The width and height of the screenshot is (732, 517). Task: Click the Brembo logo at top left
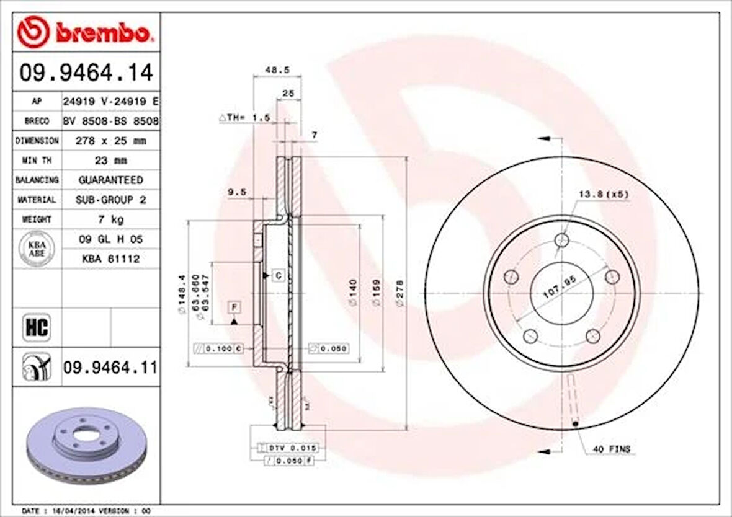pyautogui.click(x=84, y=33)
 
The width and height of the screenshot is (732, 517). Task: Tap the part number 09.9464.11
pyautogui.click(x=110, y=368)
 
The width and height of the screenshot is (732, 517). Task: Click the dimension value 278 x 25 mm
pyautogui.click(x=110, y=141)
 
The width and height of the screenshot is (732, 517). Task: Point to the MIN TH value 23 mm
pyautogui.click(x=110, y=161)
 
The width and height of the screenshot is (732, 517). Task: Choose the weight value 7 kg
pyautogui.click(x=110, y=219)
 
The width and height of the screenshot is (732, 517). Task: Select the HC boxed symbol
pyautogui.click(x=37, y=327)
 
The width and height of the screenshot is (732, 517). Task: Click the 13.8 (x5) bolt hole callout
pyautogui.click(x=603, y=194)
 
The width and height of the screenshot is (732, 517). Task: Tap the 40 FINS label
pyautogui.click(x=611, y=449)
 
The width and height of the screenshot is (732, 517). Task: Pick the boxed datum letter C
pyautogui.click(x=279, y=275)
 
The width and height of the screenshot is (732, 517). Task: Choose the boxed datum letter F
pyautogui.click(x=235, y=307)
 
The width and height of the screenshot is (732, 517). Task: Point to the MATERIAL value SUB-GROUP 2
pyautogui.click(x=110, y=200)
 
